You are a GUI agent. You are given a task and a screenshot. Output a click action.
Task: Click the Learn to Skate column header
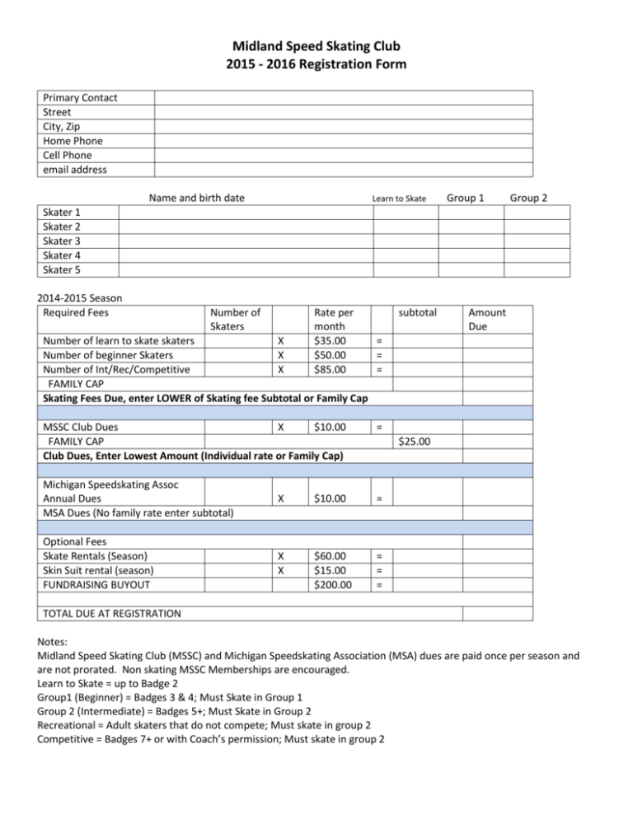[398, 199]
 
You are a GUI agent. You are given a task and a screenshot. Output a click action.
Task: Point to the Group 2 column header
[528, 198]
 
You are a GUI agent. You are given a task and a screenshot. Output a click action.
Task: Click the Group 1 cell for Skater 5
[470, 269]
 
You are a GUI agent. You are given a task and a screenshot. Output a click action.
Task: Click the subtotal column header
[419, 312]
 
